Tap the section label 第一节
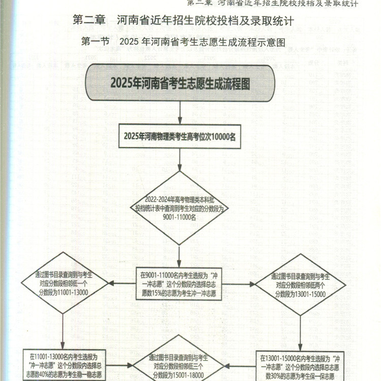point(94,42)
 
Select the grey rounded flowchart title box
point(180,83)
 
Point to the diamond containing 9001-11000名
point(179,208)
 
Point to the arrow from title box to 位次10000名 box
point(180,113)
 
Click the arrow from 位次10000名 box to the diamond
point(180,160)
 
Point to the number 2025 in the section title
point(131,42)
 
